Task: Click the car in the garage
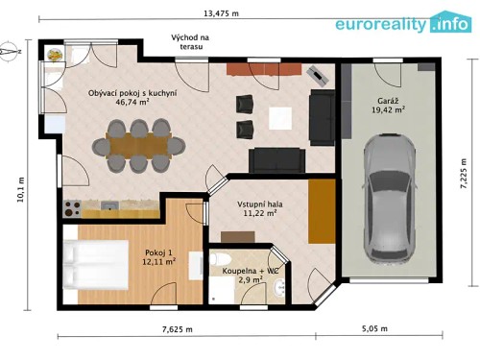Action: [382, 196]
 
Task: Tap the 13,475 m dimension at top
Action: [222, 13]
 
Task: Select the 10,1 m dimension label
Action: [19, 188]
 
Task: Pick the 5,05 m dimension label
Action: [375, 329]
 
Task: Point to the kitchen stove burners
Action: [71, 206]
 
